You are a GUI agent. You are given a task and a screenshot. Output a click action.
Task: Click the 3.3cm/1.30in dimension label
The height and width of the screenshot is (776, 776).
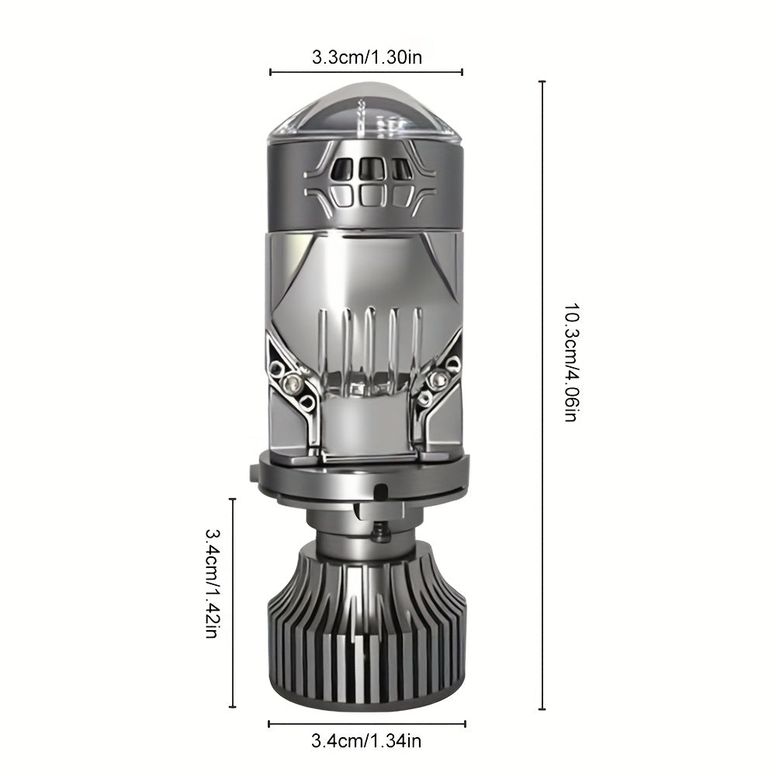pyautogui.click(x=367, y=57)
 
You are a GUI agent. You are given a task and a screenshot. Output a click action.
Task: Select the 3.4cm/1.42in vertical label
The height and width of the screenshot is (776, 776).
pyautogui.click(x=212, y=583)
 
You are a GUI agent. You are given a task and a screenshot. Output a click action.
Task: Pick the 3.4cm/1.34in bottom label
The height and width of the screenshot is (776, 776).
pyautogui.click(x=366, y=741)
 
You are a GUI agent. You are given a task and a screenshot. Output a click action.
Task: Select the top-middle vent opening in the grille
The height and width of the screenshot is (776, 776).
pyautogui.click(x=367, y=169)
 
